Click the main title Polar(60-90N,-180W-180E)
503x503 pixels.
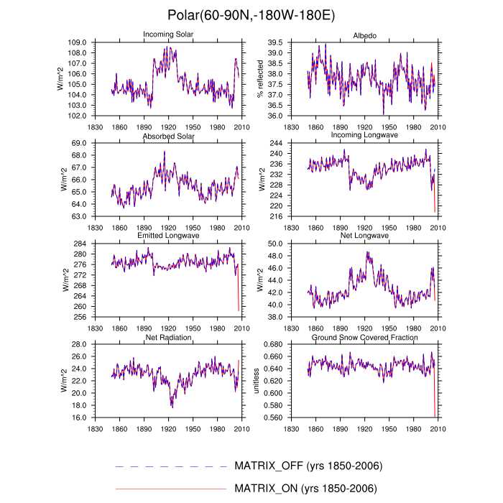click(251, 15)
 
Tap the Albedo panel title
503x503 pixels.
click(364, 35)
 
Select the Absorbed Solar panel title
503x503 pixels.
click(168, 136)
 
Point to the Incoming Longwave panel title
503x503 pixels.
click(364, 136)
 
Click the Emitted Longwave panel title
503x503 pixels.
click(168, 236)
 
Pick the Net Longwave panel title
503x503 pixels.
click(364, 236)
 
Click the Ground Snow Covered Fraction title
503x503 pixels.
click(364, 336)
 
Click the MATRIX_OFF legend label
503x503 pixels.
click(308, 466)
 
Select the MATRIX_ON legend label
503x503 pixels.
click(306, 489)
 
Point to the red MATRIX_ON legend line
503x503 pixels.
click(171, 489)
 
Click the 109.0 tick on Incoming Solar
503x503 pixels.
click(98, 43)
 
